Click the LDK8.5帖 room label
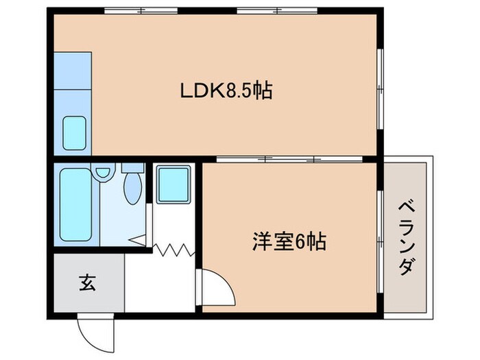click(226, 90)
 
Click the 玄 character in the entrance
click(87, 281)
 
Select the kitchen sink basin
click(75, 133)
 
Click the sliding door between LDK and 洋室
click(288, 160)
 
